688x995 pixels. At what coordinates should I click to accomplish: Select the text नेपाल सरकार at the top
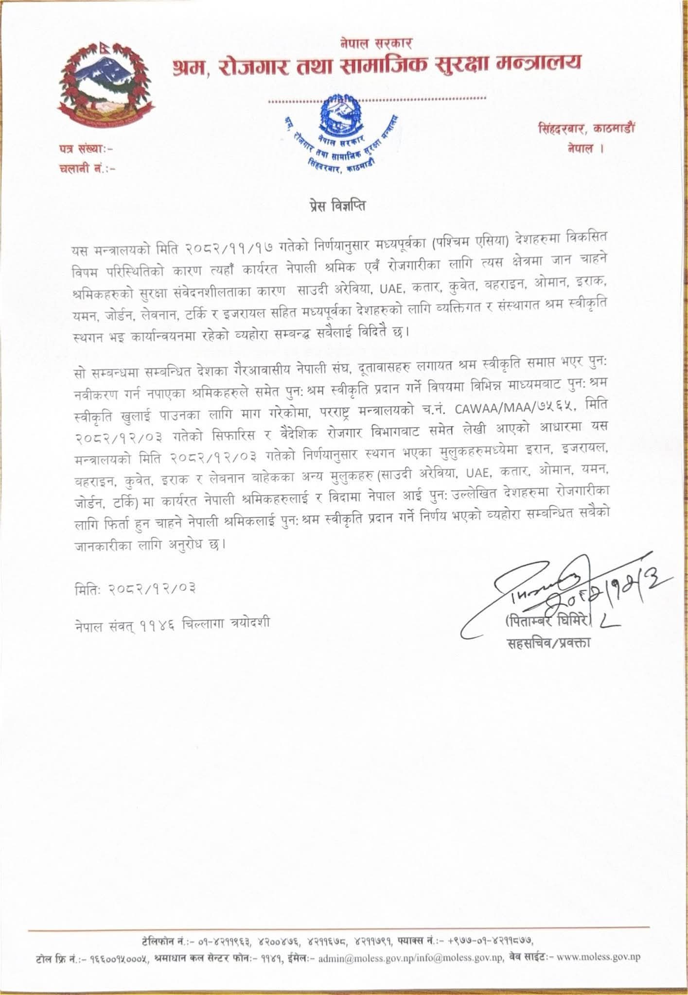pyautogui.click(x=376, y=43)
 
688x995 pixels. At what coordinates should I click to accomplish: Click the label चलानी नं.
pyautogui.click(x=87, y=169)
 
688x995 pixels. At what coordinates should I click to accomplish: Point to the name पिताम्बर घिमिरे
pyautogui.click(x=548, y=622)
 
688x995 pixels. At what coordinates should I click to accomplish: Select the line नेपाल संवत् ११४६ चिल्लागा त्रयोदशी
pyautogui.click(x=169, y=622)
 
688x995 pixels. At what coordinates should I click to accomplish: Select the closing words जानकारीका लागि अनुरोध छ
pyautogui.click(x=148, y=544)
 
